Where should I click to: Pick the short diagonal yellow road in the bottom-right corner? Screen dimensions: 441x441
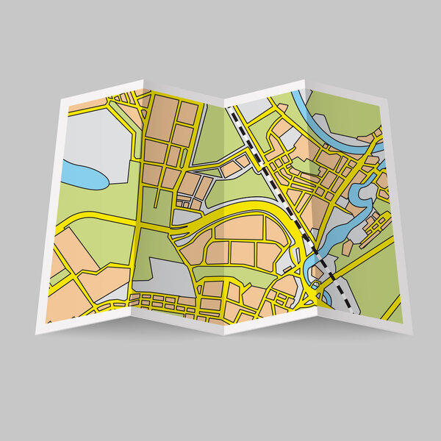click(x=390, y=308)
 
